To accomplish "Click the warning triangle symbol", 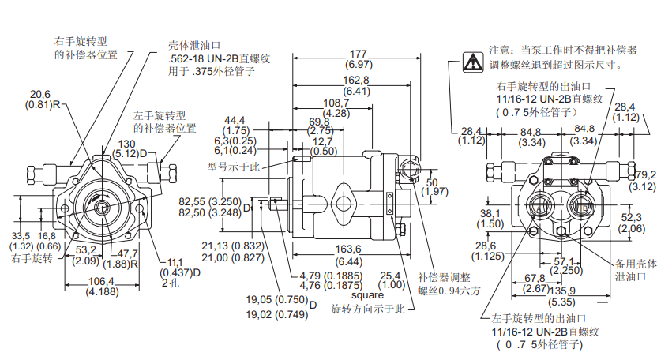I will (472, 61).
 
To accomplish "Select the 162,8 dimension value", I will (356, 81).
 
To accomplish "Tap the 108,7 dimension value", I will (336, 103).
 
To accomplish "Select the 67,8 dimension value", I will (535, 278).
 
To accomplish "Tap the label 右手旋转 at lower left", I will (32, 259).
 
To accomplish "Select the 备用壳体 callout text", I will (636, 264).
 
